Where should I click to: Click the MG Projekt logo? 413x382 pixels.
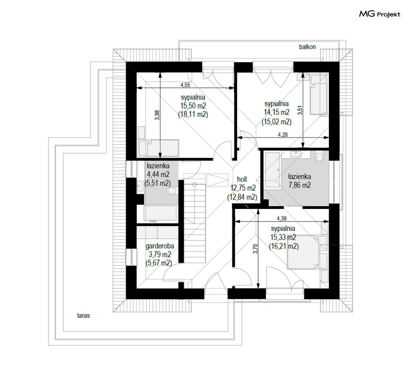pos(380,14)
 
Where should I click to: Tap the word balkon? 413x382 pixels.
pos(307,47)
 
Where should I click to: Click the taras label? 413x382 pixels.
pos(83,316)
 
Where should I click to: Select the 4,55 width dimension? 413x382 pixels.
pos(185,85)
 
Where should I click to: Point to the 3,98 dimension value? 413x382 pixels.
pos(157,115)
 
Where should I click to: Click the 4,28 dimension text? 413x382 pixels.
pos(283,135)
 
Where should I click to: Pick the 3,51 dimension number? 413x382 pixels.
pos(300,110)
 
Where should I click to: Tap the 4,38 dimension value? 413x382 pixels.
pos(282,218)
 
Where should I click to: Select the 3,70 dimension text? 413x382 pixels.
pos(255,249)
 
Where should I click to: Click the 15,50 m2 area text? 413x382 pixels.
pos(193,106)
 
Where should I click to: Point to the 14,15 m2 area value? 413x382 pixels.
pos(277,113)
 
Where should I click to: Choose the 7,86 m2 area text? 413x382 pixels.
pos(299,185)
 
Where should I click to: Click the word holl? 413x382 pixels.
pos(242,179)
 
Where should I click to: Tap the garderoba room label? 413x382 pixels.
pos(160,246)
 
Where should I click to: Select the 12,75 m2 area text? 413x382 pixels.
pos(243,188)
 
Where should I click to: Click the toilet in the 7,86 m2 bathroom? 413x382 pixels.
pos(319,157)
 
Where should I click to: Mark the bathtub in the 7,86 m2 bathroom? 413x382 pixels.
pos(272,170)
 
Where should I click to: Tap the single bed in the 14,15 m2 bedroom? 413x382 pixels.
pos(319,94)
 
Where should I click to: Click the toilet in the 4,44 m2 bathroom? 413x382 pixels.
pos(172,191)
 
